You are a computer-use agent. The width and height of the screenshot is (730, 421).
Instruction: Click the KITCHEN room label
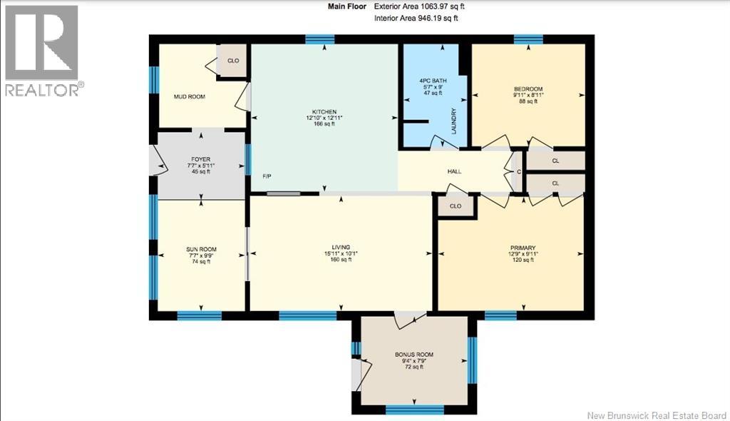324,112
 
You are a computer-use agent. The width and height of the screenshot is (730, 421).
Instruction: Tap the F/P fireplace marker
267,176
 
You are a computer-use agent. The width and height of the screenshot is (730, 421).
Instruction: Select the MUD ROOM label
190,96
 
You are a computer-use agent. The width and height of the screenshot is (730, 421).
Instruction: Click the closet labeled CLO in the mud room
233,61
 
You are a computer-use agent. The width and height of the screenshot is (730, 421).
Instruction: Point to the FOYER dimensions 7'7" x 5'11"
201,166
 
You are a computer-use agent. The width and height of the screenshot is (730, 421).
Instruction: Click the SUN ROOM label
201,250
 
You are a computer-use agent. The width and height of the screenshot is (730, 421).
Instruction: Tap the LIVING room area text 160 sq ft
341,260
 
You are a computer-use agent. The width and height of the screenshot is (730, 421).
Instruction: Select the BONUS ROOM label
414,355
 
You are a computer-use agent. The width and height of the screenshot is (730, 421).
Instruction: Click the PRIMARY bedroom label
523,248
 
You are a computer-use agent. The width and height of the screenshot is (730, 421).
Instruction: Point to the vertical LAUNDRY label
453,121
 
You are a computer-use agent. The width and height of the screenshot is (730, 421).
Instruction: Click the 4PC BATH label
433,81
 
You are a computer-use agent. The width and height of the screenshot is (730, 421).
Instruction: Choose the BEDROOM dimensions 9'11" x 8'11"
528,95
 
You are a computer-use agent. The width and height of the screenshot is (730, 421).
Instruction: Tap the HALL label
454,171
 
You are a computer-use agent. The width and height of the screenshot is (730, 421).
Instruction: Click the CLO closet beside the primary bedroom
456,206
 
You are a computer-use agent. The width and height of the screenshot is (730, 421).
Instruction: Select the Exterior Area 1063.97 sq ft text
419,6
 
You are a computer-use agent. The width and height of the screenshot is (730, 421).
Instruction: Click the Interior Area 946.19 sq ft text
416,18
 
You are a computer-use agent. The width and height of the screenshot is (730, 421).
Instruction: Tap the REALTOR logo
42,51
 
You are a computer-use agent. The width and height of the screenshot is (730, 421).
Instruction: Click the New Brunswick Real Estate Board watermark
657,415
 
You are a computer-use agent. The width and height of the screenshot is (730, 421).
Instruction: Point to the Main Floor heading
347,6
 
